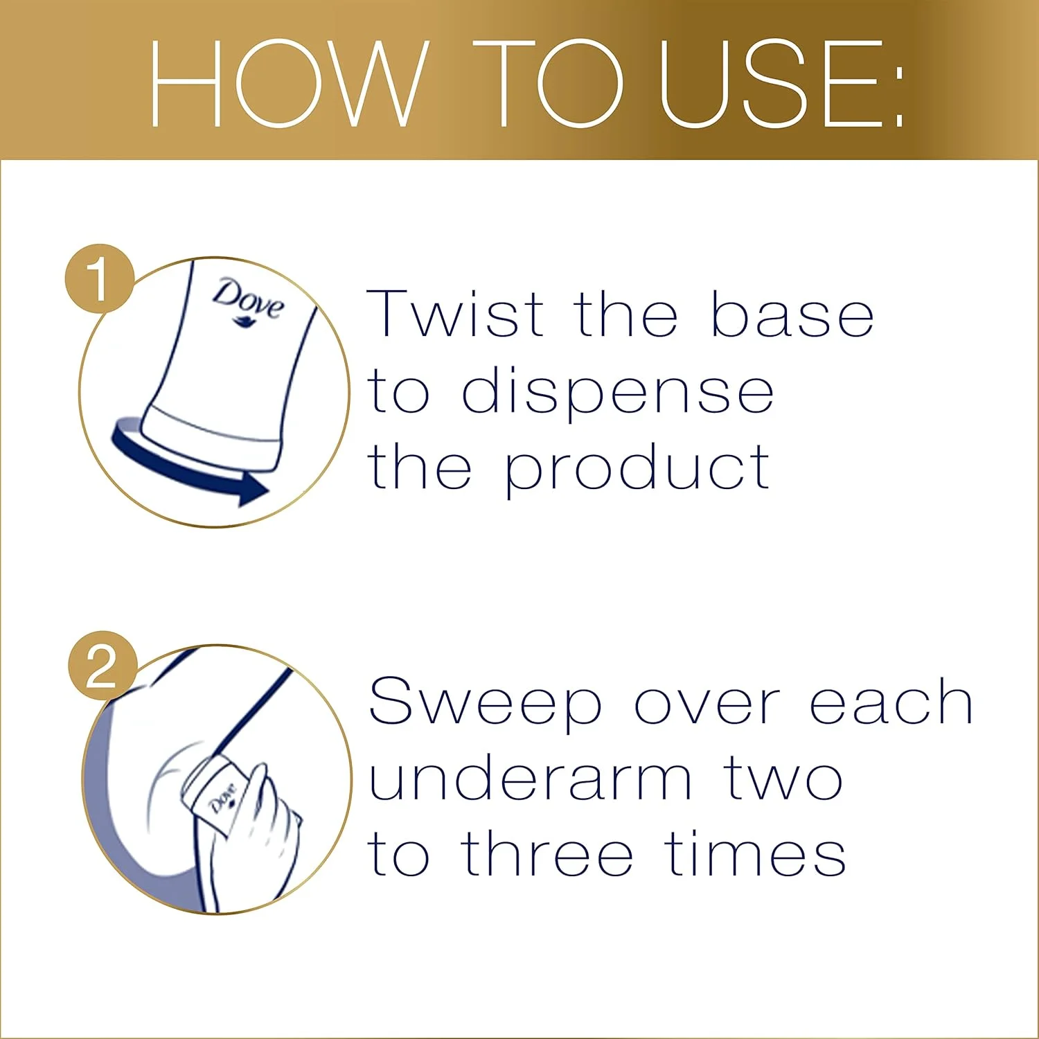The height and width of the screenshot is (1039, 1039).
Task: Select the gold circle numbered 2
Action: click(103, 666)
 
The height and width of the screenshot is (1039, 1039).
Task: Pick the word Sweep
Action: click(485, 704)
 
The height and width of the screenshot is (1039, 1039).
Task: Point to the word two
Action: click(783, 780)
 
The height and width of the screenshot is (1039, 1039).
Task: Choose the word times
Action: click(755, 853)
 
